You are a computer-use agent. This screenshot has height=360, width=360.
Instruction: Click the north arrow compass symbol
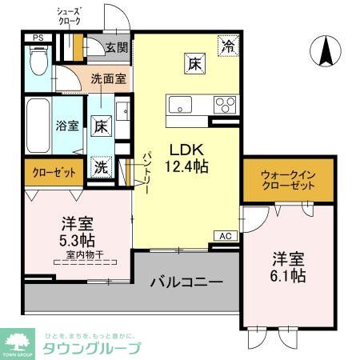[x=326, y=53]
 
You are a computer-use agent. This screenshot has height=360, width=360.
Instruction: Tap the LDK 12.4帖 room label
[x=187, y=158]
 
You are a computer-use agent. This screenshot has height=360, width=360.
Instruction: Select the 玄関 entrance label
[x=116, y=47]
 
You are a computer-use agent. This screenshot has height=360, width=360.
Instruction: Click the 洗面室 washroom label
[x=107, y=79]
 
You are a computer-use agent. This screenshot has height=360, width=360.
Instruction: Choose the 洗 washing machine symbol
[x=101, y=167]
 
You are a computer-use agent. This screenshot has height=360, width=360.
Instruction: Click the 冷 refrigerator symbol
[x=230, y=46]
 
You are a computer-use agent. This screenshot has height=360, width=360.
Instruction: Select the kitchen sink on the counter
[x=180, y=105]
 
